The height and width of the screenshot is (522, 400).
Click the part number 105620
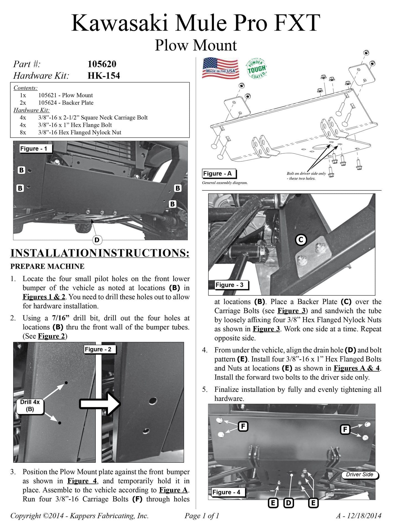[102, 64]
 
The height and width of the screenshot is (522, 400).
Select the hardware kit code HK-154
[104, 76]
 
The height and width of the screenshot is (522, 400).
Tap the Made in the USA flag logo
[220, 69]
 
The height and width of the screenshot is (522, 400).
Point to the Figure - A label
[219, 174]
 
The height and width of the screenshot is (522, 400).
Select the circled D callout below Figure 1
[97, 240]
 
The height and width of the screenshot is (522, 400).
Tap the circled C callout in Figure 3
[301, 240]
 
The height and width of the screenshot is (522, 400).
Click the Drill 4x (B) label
[30, 405]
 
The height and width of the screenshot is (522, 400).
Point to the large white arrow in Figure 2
[100, 404]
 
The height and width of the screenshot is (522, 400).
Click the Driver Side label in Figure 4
[359, 474]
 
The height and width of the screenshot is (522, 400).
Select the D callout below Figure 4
[288, 503]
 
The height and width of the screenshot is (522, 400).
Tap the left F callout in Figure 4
[243, 426]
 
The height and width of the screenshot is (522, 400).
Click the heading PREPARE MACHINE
[47, 266]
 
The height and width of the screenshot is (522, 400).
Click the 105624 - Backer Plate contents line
[66, 103]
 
